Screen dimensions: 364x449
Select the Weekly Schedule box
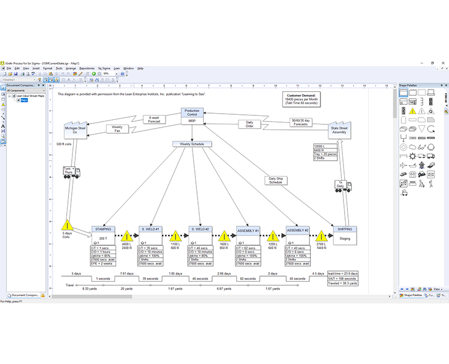[x=192, y=144]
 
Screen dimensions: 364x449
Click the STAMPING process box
[x=103, y=229]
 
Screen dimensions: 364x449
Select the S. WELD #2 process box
[x=199, y=229]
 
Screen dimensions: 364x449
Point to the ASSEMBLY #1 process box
[x=249, y=230]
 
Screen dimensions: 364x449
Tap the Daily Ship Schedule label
[x=276, y=180]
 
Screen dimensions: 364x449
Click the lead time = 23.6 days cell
[x=343, y=274]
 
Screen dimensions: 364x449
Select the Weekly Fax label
[x=117, y=129]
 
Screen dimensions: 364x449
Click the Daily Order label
[x=250, y=124]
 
